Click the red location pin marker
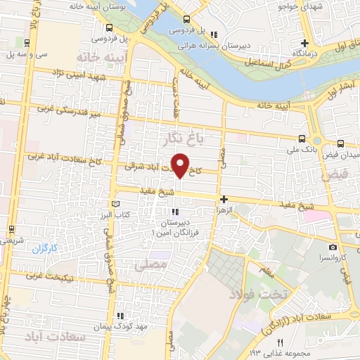tap(181, 165)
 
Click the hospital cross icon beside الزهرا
tap(224, 200)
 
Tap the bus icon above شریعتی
tap(11, 229)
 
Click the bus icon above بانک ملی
tap(302, 139)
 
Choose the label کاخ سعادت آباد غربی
tap(56, 162)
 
